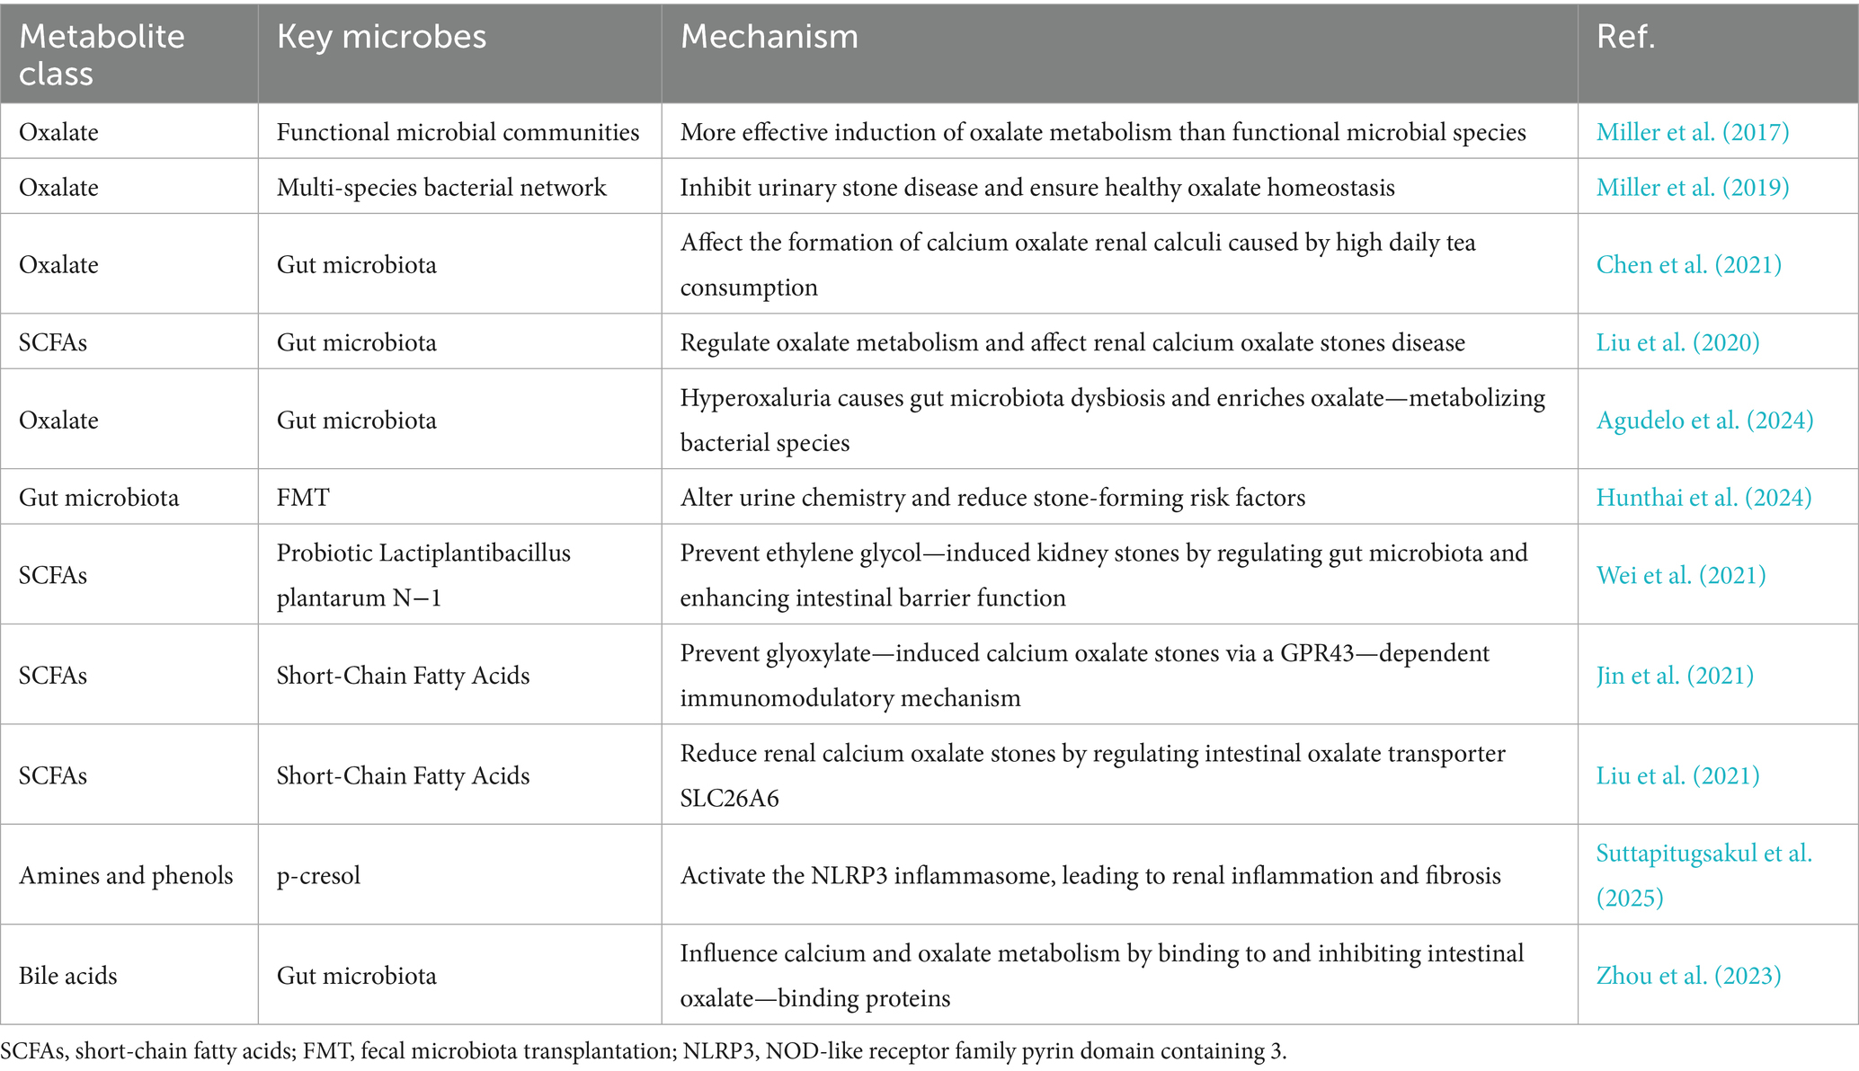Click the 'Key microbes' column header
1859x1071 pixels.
[381, 37]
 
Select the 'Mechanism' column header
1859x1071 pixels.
[769, 37]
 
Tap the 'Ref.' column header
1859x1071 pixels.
[1625, 37]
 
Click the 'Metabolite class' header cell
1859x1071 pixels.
[102, 54]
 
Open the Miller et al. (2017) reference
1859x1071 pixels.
[1692, 132]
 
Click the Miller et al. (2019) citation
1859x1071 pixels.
[1692, 187]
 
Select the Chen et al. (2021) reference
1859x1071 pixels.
[1688, 264]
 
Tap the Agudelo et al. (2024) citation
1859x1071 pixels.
[1704, 420]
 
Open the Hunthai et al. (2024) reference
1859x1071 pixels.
[1703, 497]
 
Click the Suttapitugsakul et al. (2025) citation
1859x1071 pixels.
[1703, 874]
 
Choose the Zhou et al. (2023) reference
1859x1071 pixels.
[1688, 975]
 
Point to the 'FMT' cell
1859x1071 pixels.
[303, 497]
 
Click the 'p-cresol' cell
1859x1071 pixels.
[318, 875]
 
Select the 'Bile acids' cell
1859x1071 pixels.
[68, 975]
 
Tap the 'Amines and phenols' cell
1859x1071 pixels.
[126, 875]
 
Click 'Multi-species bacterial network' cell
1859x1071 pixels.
[441, 187]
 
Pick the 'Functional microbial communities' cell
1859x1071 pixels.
[458, 132]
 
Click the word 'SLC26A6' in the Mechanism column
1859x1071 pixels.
[729, 798]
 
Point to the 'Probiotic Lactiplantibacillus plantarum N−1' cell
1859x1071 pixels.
[423, 575]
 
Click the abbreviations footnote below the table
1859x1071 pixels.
[644, 1051]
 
